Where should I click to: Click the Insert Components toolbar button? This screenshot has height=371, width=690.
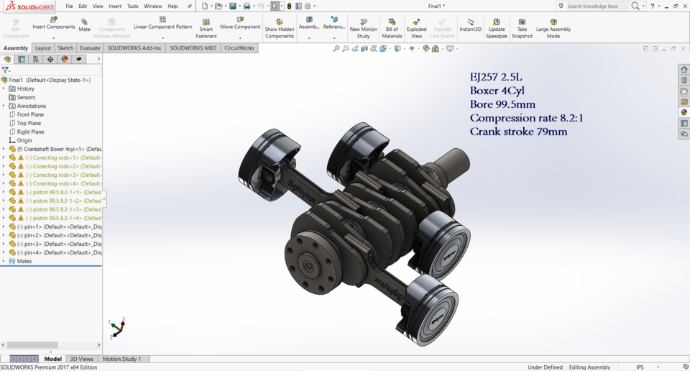[x=54, y=23]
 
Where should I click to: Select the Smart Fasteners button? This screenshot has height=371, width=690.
[x=206, y=28]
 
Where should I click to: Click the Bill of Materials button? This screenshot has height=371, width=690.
[x=392, y=28]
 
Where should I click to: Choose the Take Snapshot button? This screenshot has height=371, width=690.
[x=522, y=28]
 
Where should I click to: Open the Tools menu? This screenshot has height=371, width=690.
[x=133, y=6]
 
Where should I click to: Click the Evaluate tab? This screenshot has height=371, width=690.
[x=90, y=48]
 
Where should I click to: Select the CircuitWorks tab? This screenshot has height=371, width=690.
[x=239, y=48]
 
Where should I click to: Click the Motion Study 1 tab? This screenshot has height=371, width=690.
[x=121, y=359]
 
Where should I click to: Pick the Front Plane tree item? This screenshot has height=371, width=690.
[x=30, y=114]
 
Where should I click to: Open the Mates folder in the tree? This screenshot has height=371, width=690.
[x=24, y=261]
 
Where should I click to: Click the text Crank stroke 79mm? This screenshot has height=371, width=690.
[x=518, y=132]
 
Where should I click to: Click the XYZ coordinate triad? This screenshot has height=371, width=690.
[x=116, y=328]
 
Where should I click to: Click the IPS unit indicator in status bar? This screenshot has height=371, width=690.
[x=640, y=367]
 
